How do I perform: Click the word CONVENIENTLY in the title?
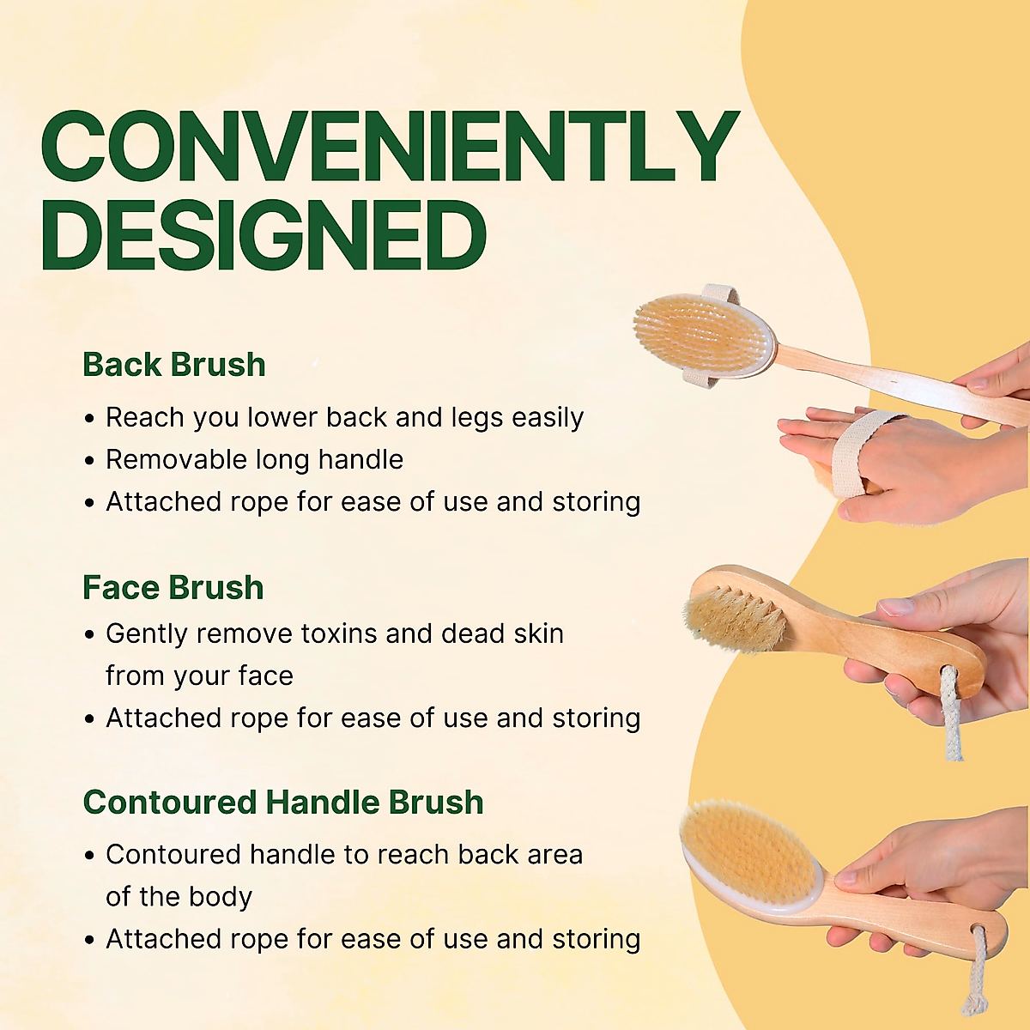(x=390, y=146)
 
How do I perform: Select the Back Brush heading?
(x=174, y=365)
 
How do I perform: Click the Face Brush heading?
(x=173, y=587)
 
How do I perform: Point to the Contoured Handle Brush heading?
(x=283, y=802)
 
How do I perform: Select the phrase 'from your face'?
(x=199, y=676)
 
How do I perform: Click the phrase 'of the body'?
(x=179, y=896)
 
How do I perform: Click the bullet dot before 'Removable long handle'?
(x=90, y=461)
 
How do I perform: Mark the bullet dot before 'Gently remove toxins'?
(x=90, y=635)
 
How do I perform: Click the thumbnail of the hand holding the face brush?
(x=896, y=606)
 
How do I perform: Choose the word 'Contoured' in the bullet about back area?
(x=173, y=854)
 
